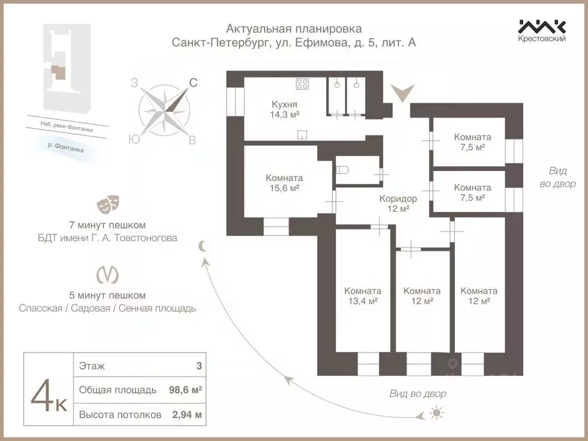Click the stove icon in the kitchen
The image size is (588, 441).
(303, 84)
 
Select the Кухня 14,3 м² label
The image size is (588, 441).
(284, 109)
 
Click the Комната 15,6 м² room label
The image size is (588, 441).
(284, 183)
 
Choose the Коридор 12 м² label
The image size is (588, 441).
(398, 203)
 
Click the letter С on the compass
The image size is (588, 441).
(194, 83)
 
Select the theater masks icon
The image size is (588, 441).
(108, 203)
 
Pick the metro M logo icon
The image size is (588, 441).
(107, 274)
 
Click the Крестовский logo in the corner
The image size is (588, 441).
(542, 30)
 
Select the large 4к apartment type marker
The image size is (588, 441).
(48, 396)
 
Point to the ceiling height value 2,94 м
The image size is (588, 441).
(187, 415)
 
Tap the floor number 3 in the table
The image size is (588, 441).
(198, 365)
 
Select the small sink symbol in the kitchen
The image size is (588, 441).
(302, 135)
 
